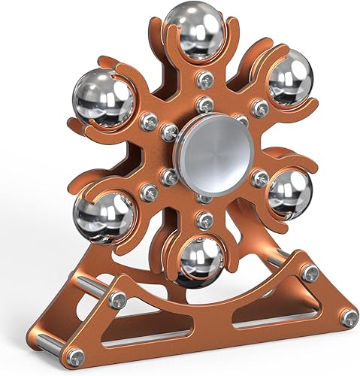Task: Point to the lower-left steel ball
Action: [104, 214]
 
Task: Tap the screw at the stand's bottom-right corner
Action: [349, 318]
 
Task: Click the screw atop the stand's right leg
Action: [310, 271]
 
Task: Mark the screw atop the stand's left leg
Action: [116, 300]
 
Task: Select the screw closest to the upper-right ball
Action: [261, 109]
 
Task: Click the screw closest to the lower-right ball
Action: [260, 178]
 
